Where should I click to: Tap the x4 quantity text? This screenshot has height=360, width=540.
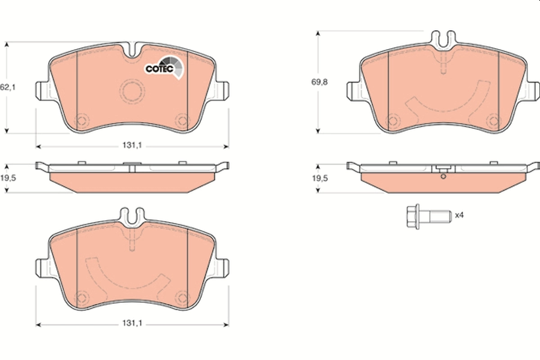coord(459,216)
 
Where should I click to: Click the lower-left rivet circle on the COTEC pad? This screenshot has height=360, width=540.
coord(81,121)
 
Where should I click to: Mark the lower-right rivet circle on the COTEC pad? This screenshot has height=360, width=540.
coord(182,121)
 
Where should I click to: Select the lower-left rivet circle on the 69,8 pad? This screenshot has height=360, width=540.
coord(393,120)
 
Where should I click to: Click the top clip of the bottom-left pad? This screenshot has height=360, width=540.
coord(132,216)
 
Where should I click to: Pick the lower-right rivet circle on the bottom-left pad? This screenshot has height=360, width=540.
coord(182,297)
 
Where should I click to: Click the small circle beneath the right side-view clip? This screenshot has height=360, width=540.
coord(443,176)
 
